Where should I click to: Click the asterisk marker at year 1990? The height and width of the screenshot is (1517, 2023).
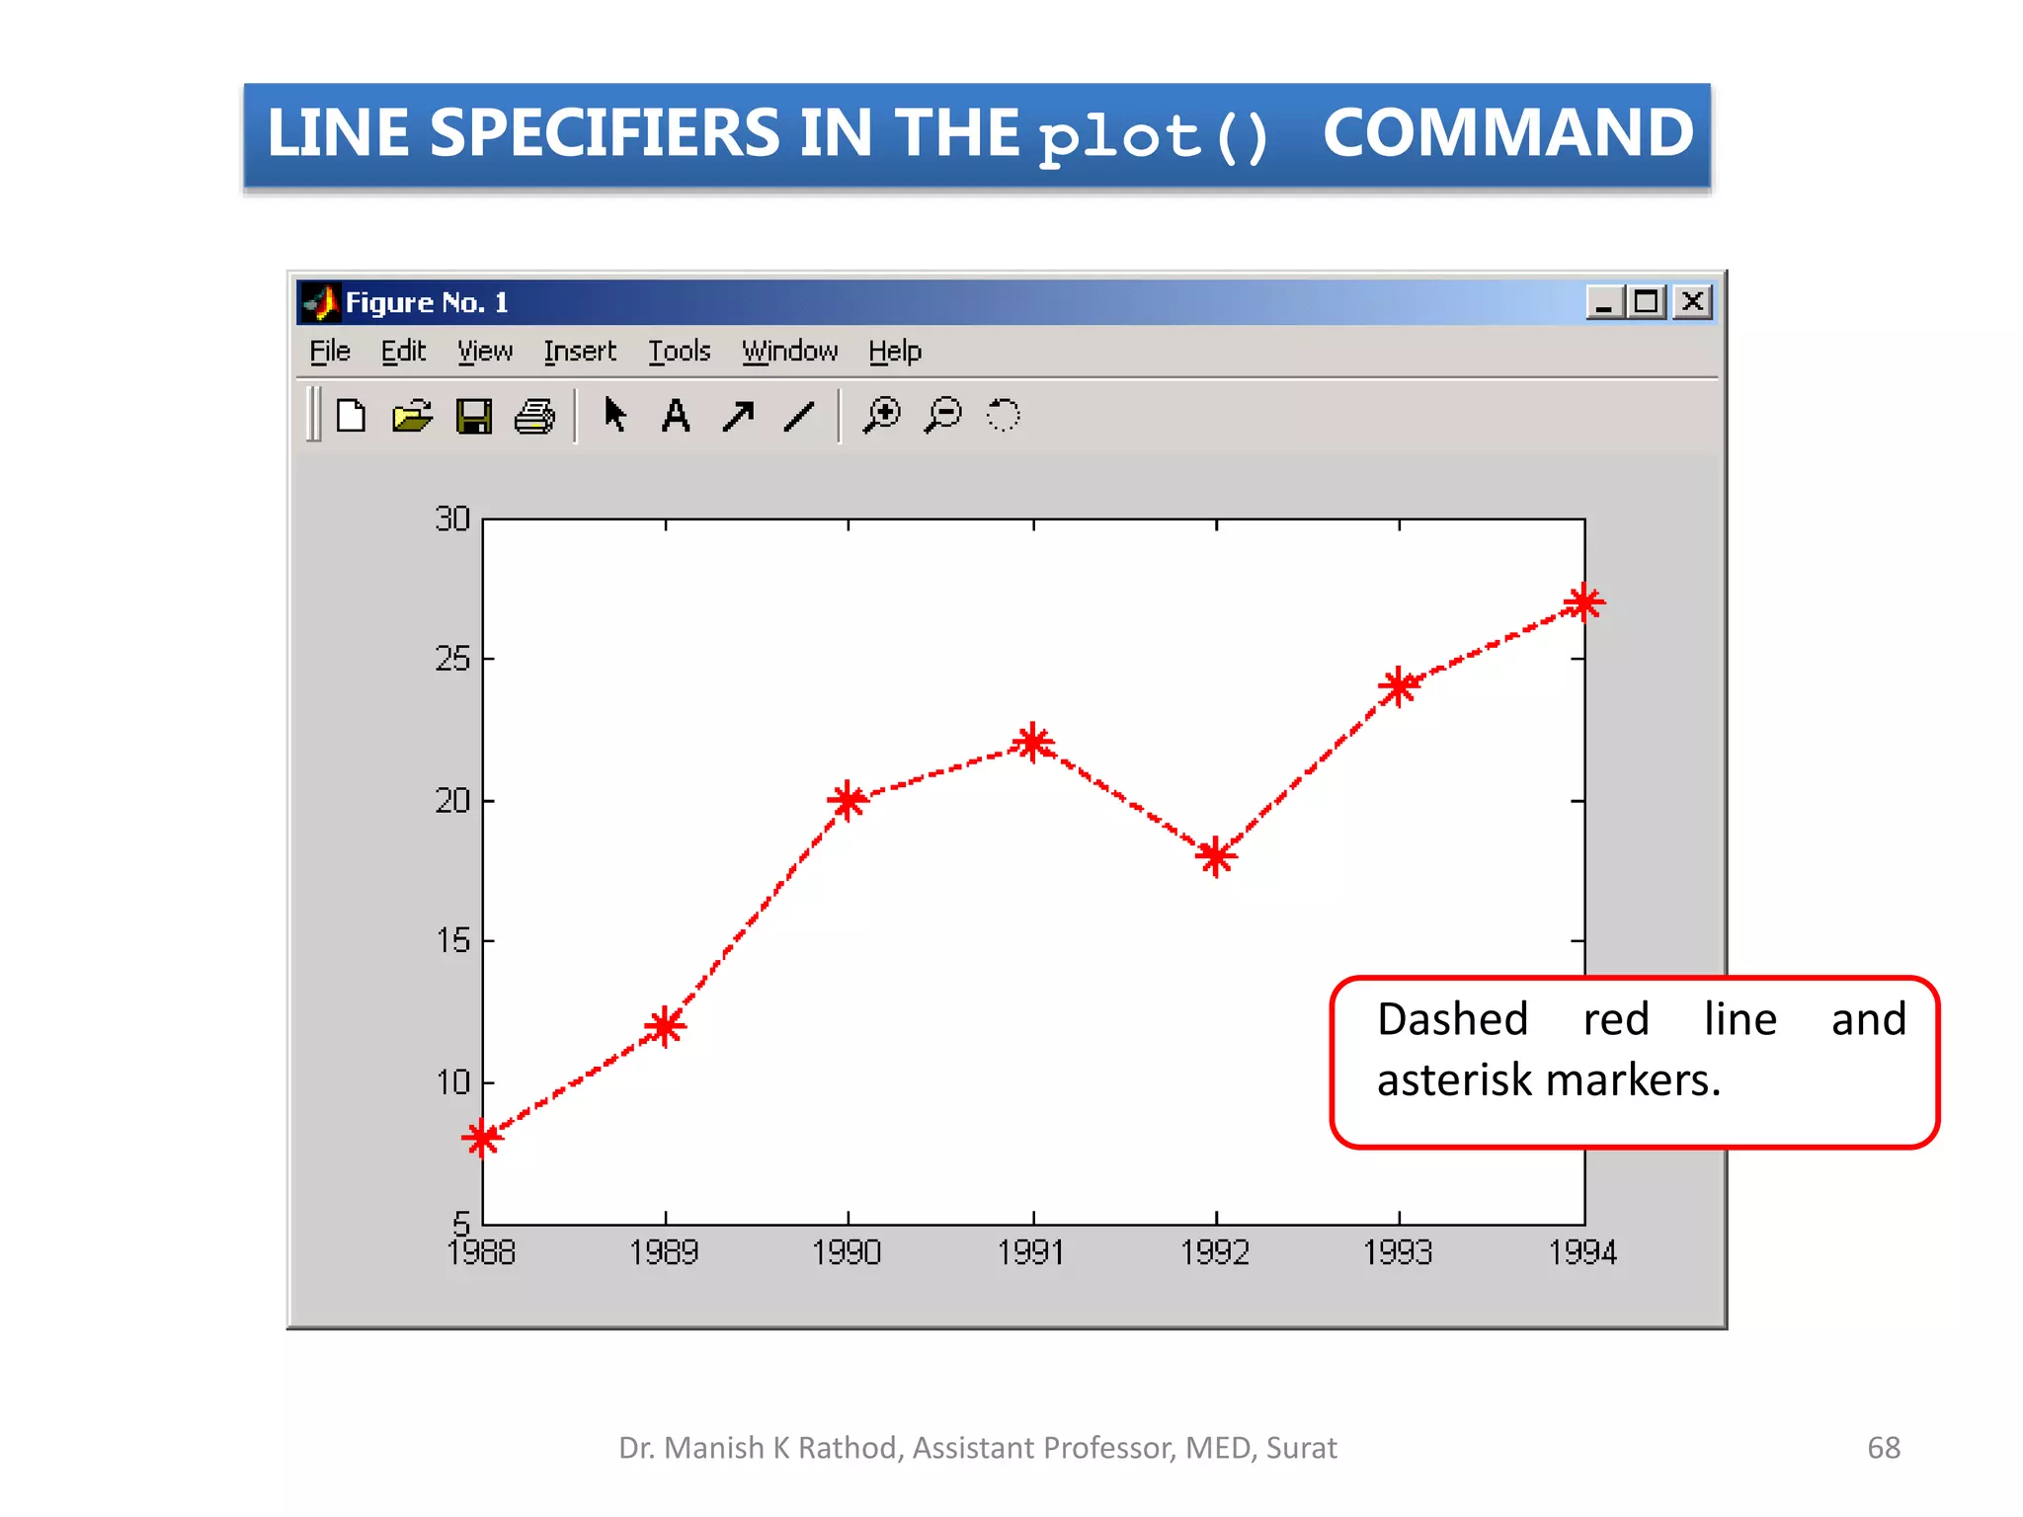(x=848, y=800)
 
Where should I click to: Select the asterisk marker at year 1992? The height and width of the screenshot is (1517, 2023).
(x=1216, y=856)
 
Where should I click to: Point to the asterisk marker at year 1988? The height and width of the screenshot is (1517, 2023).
(x=482, y=1138)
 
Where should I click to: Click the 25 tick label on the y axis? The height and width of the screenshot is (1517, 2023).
(x=452, y=659)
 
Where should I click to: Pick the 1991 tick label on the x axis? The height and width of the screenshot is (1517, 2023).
(x=1031, y=1252)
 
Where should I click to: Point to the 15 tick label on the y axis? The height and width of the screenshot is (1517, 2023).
(x=452, y=940)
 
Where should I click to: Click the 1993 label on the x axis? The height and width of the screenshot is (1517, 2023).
(x=1398, y=1252)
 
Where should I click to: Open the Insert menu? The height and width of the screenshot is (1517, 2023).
(x=580, y=352)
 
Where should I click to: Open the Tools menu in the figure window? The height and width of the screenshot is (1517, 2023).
(x=680, y=352)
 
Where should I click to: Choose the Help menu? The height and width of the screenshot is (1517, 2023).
(x=895, y=352)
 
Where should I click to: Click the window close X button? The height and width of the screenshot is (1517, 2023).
(x=1693, y=301)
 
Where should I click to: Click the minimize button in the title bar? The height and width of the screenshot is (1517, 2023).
(x=1604, y=301)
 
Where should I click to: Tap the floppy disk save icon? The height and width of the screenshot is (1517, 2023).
(x=474, y=416)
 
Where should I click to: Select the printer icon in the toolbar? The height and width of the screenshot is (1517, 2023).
(x=535, y=416)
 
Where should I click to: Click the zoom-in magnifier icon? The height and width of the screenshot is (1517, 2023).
(x=882, y=415)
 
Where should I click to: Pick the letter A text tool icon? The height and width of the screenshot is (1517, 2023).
(x=676, y=416)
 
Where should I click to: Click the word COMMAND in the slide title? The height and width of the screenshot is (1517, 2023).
(x=1507, y=133)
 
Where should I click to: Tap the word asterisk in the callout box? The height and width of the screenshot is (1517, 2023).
(x=1453, y=1079)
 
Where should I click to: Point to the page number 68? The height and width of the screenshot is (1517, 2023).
(x=1884, y=1448)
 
